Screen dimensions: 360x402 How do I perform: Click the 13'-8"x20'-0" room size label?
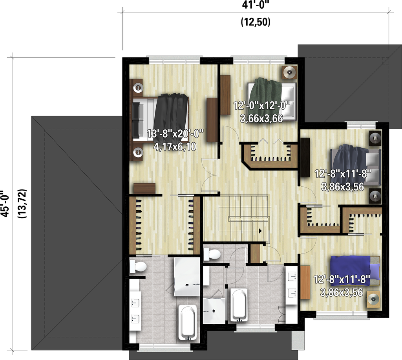pos(175,134)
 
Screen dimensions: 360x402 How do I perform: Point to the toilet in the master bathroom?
pos(138,267)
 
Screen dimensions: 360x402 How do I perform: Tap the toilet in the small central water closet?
pos(213,254)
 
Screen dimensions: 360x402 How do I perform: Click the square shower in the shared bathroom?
pos(214,310)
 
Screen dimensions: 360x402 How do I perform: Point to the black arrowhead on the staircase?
pos(260,231)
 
